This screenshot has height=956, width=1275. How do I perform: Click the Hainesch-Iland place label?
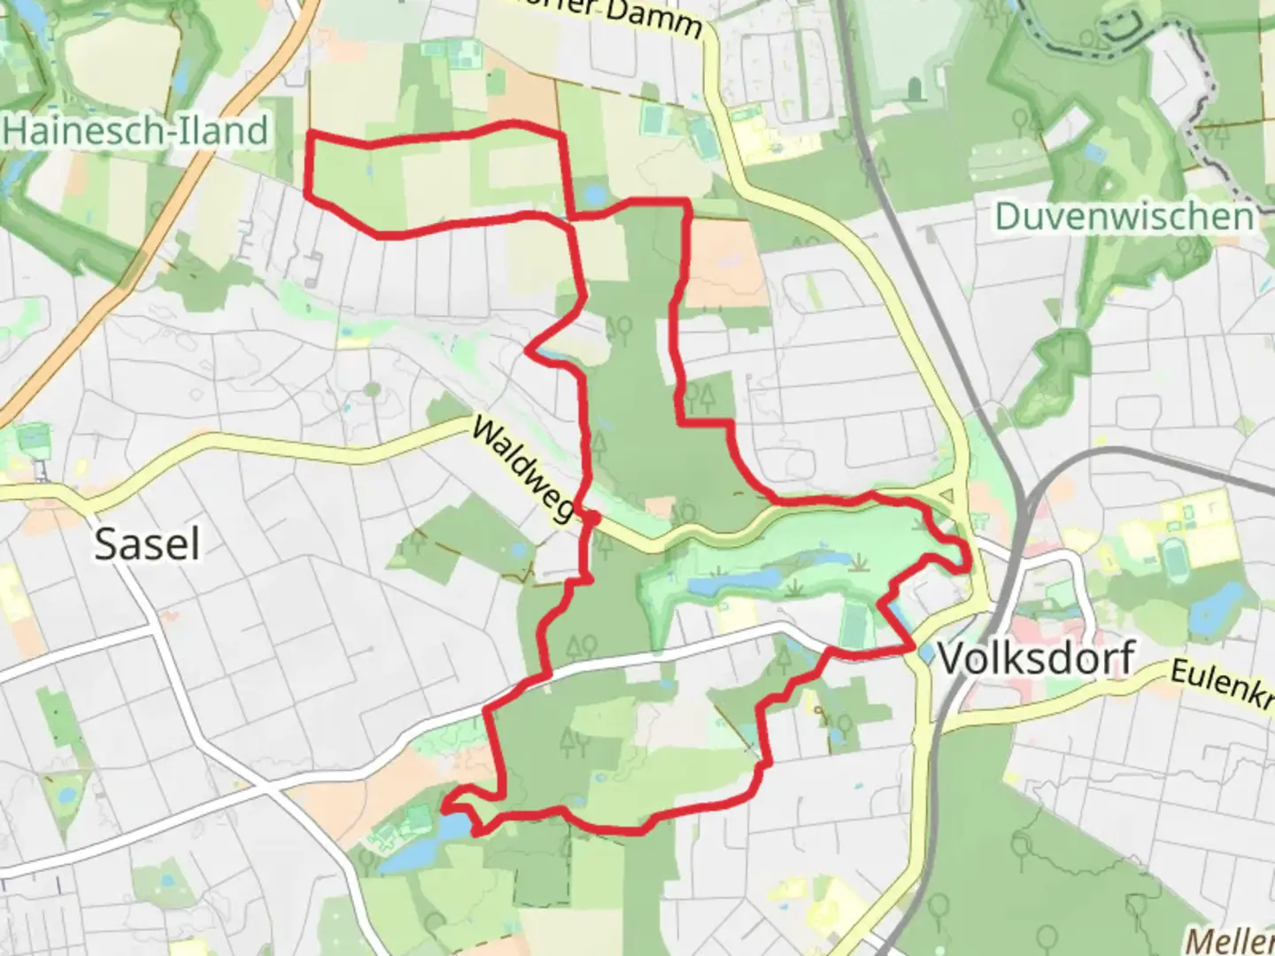pyautogui.click(x=136, y=131)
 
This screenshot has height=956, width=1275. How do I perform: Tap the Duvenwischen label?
pyautogui.click(x=1124, y=216)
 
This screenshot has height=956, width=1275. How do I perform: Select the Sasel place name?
pyautogui.click(x=147, y=544)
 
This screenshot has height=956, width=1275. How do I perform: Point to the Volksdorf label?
pyautogui.click(x=1036, y=658)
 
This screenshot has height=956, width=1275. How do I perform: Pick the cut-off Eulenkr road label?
pyautogui.click(x=1222, y=682)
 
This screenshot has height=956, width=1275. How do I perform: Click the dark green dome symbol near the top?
pyautogui.click(x=916, y=87)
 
